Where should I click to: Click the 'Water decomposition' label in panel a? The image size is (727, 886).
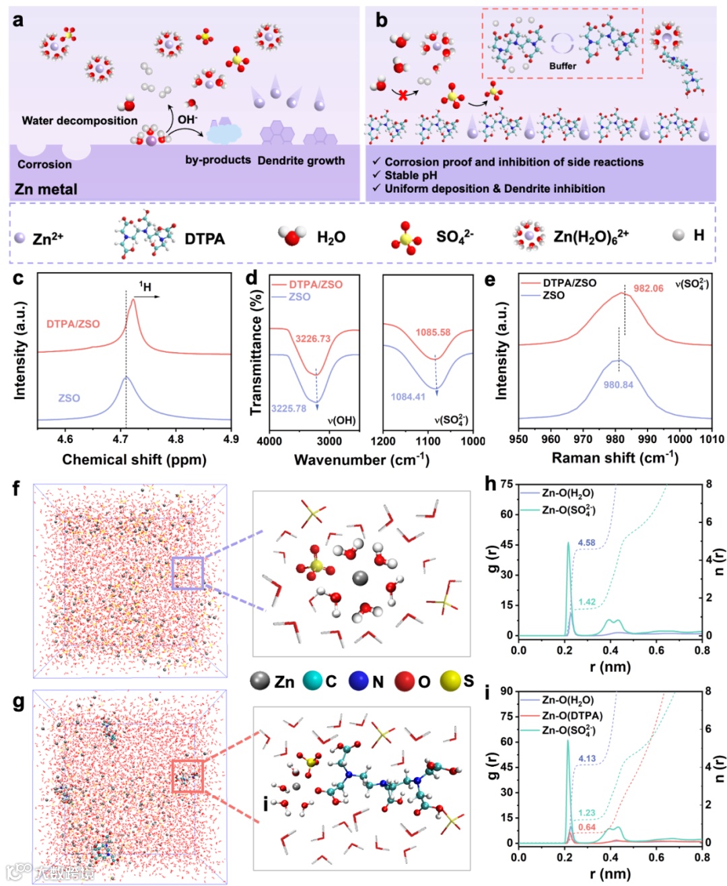coord(79,121)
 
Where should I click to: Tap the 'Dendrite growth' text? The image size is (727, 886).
coord(301,161)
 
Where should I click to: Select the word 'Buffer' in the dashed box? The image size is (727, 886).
coord(562,66)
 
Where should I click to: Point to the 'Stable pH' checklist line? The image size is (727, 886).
coord(412,175)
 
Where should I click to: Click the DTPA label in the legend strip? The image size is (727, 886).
coord(205,239)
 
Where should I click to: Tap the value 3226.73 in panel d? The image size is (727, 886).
coord(313,339)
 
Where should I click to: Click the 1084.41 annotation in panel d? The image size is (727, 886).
coord(408,397)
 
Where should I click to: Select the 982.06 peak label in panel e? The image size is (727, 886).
coord(648,288)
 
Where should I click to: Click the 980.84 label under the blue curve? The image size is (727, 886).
coord(618,385)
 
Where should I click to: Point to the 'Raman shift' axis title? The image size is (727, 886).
coord(615,458)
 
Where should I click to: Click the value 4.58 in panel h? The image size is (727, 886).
coord(586,543)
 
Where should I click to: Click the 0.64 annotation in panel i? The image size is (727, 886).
coord(586,827)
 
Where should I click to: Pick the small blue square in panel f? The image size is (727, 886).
coord(187,574)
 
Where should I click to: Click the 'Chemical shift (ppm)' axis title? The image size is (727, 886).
coord(134,460)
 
